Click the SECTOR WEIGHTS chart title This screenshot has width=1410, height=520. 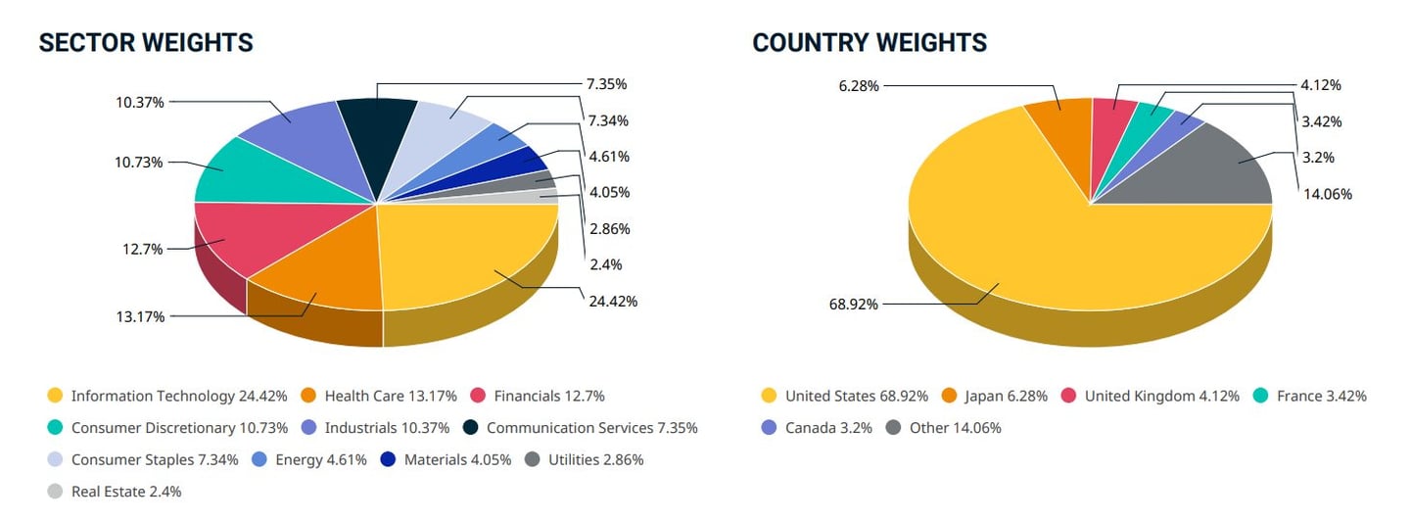(146, 43)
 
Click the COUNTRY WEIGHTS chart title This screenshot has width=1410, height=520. (869, 43)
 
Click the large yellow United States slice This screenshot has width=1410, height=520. (1028, 255)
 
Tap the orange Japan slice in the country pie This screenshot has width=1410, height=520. (1060, 122)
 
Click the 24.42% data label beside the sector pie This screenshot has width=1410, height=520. (612, 301)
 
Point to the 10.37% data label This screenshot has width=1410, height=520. (139, 102)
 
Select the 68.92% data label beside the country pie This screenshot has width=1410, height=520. (854, 305)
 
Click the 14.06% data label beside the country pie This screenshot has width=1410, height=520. (1328, 194)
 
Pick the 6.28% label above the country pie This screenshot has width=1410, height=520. (859, 85)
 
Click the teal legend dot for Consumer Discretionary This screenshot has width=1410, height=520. (55, 428)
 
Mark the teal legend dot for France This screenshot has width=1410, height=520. (1260, 396)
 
